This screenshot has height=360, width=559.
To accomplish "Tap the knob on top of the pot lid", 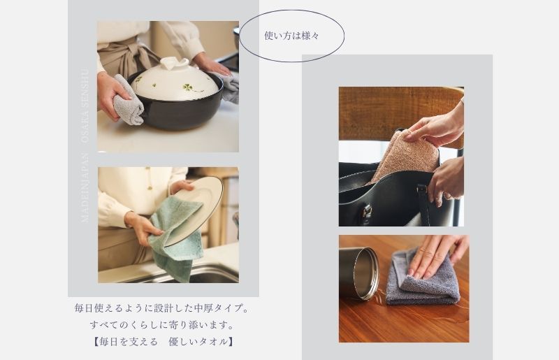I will pos(173,64).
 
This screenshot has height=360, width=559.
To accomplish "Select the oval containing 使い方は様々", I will pos(291,36).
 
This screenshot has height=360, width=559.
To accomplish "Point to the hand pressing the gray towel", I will pos(437,254).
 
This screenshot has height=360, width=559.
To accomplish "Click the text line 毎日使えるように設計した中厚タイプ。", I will pos(162,308).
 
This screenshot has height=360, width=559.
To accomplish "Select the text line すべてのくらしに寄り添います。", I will pos(161,325).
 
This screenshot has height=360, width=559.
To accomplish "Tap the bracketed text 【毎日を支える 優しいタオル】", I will pos(162,342).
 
